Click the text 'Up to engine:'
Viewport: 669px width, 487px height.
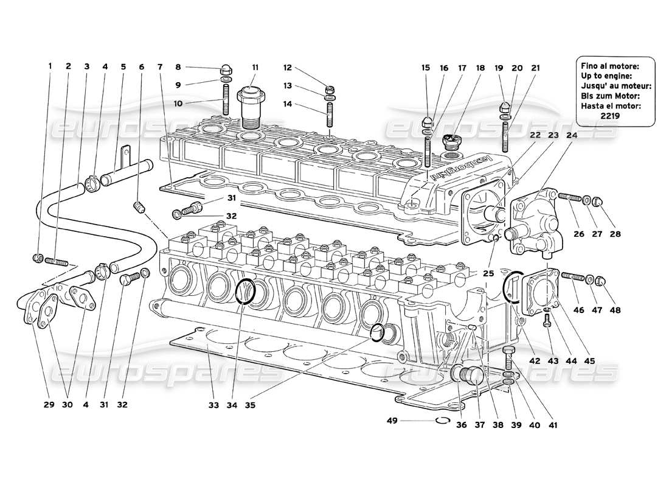[x=606, y=75]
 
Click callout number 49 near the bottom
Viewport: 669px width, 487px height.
[x=392, y=420]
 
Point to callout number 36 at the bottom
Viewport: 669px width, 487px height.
[x=462, y=426]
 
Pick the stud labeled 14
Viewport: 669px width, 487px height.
[x=330, y=116]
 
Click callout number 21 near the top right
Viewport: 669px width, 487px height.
[x=535, y=68]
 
